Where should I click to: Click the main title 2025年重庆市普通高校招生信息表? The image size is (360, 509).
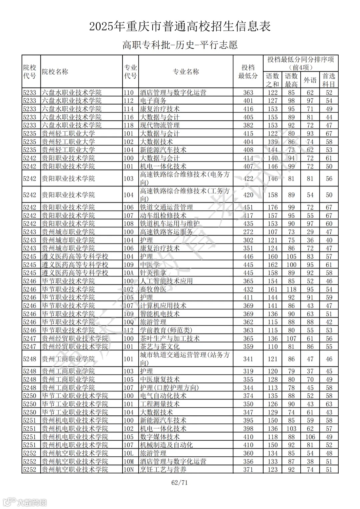coord(180,26)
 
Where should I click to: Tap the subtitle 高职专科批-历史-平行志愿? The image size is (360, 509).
coord(180,45)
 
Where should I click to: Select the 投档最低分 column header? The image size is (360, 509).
coord(248,72)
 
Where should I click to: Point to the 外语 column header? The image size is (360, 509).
coord(310,80)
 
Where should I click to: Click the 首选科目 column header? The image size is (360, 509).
coord(329,80)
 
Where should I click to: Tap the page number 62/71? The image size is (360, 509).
coord(179,482)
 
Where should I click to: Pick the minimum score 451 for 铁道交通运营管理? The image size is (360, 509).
coord(248,207)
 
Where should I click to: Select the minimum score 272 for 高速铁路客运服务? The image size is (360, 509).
coord(248,232)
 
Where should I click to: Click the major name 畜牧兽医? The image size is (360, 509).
coord(153,289)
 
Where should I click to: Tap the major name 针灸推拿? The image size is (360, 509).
coord(153,273)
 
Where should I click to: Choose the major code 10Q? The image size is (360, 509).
coord(129,322)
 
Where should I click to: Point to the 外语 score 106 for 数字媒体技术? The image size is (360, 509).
coord(310,437)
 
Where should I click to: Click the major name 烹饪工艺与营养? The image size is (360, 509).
coord(163,470)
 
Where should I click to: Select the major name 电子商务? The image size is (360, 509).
coord(153,101)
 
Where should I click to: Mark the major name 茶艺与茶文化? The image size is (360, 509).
coord(160,346)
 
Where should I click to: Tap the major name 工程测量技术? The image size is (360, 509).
coord(160,404)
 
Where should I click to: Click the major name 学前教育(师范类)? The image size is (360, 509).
coord(166,330)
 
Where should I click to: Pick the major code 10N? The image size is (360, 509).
coord(129,470)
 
